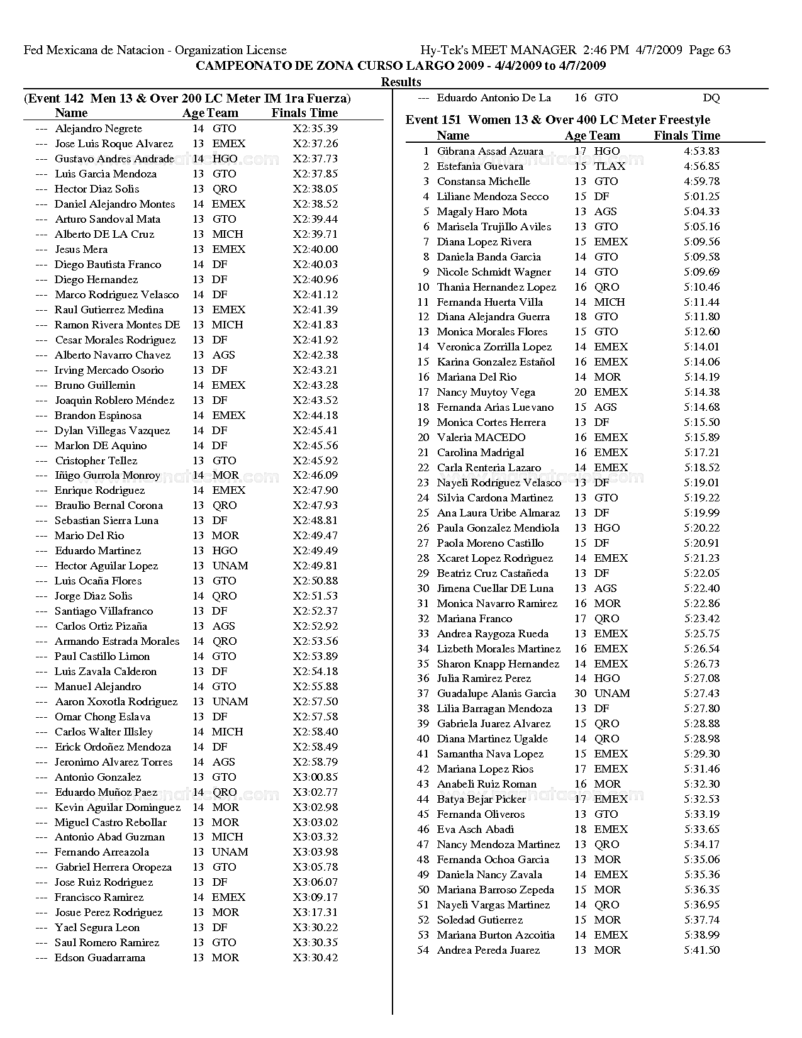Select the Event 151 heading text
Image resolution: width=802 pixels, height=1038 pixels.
coord(557,120)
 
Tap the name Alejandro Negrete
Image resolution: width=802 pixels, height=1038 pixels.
coord(98,128)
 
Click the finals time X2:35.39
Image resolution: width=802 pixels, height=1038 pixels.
coord(315,128)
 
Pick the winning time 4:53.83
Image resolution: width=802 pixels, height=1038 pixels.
coord(701,151)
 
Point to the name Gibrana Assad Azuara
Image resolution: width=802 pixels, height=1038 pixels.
coord(490,151)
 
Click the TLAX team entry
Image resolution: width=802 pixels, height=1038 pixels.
coord(610,166)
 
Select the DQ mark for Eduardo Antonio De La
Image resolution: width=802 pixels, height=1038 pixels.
coord(711,98)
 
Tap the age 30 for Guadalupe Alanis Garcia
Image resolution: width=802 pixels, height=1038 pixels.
coord(580,693)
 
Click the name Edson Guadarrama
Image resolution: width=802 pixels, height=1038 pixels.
coord(99,957)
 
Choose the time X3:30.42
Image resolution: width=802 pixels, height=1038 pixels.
coord(315,957)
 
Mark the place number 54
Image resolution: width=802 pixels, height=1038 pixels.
coord(423,950)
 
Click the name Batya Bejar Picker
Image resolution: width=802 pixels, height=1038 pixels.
coord(481,799)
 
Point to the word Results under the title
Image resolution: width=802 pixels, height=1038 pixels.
coord(401,82)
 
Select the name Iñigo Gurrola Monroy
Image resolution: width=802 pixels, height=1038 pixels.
coord(108,475)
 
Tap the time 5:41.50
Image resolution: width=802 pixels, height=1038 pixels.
coord(701,950)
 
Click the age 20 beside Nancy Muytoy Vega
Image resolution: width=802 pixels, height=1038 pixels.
coord(580,392)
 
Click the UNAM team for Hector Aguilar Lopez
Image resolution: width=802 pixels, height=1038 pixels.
coord(230,566)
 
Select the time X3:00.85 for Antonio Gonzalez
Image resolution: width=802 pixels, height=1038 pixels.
coord(315,777)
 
